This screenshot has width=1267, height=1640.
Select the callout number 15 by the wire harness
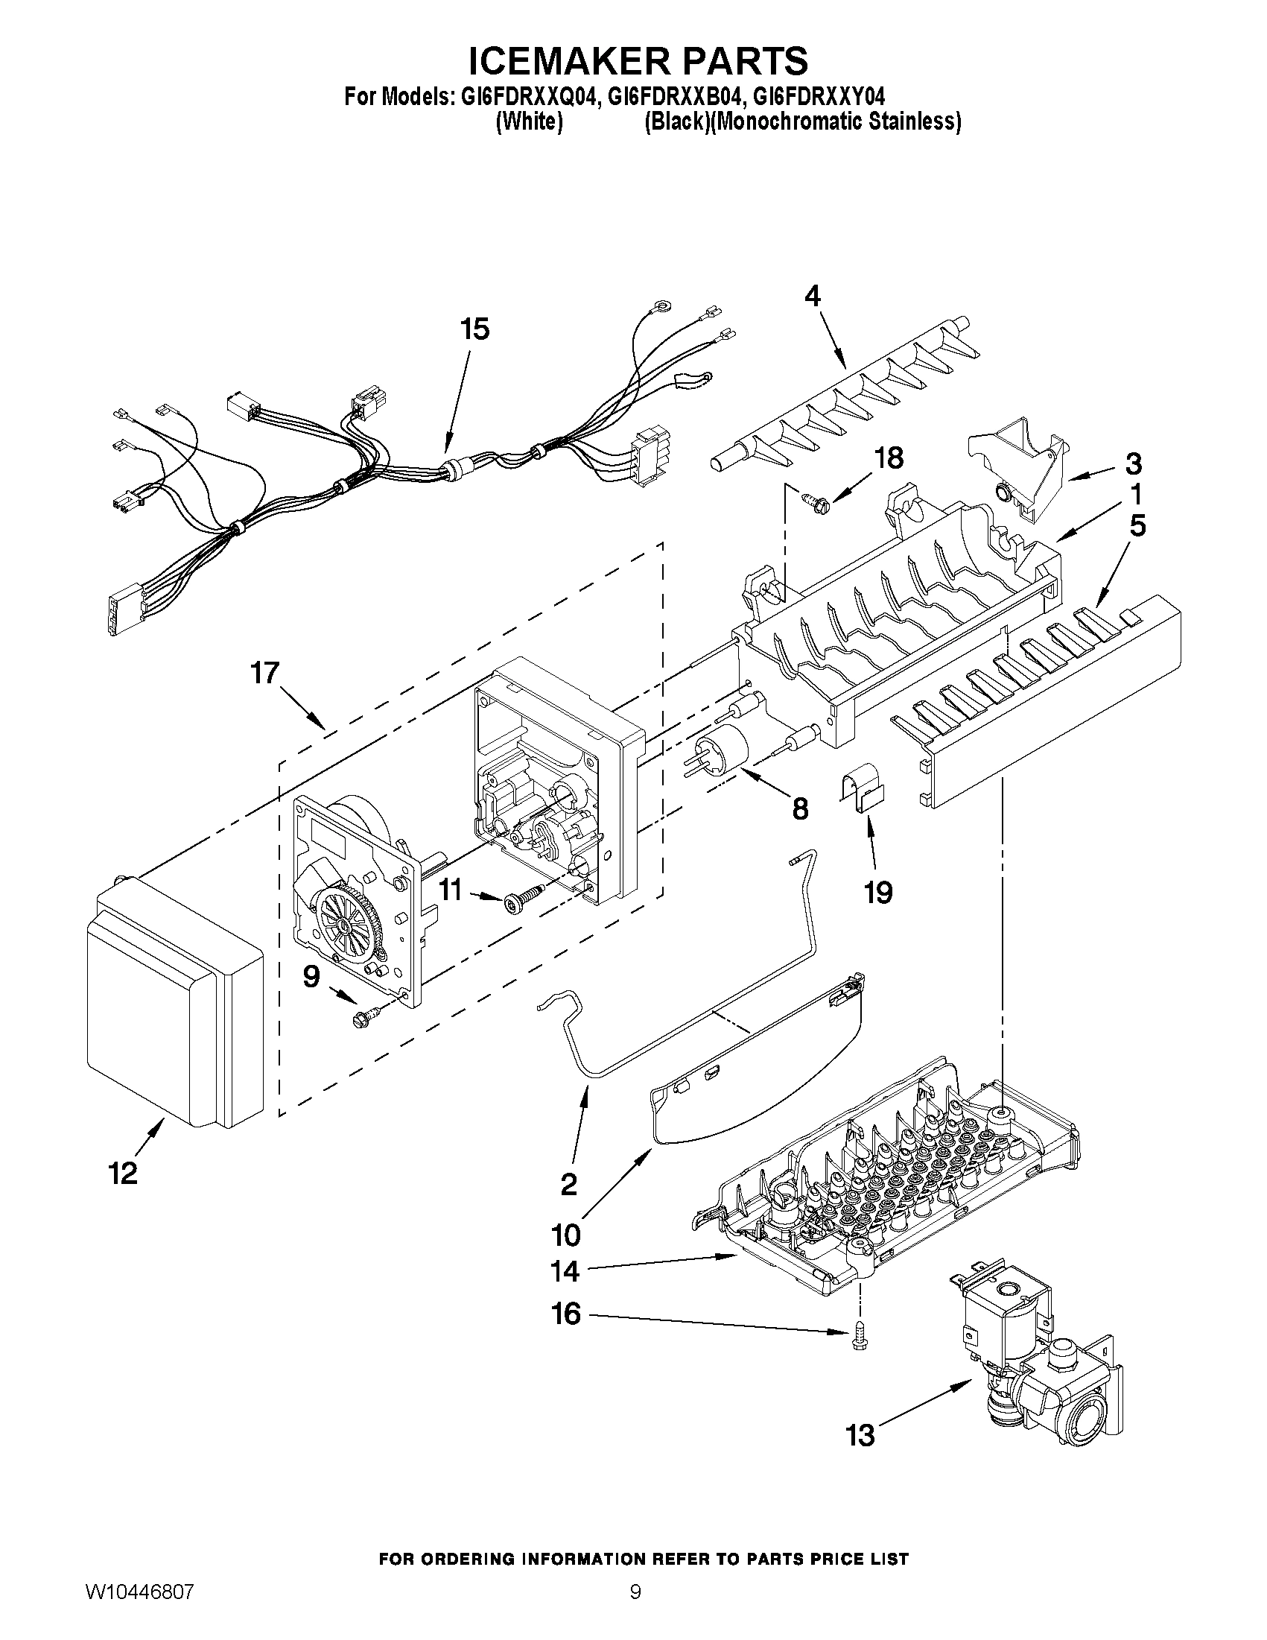474,329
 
